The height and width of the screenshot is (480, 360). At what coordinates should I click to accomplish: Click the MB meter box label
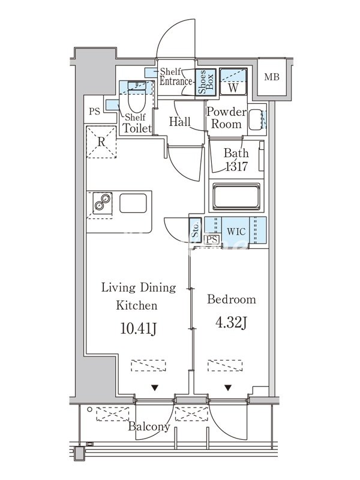coord(272,77)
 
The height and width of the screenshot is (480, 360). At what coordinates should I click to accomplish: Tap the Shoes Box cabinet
coord(206,82)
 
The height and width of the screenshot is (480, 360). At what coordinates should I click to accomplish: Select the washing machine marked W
coord(233,82)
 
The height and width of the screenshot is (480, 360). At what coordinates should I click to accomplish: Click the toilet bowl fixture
coord(137,98)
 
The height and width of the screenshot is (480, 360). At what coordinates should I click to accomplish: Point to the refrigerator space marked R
coord(101,142)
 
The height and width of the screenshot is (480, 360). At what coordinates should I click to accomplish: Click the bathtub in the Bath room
coord(236,197)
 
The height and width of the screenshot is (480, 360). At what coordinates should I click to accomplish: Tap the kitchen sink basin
coord(133,203)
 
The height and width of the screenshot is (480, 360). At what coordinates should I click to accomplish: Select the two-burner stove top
coord(102,203)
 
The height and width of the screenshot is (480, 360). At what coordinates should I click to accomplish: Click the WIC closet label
coord(236,231)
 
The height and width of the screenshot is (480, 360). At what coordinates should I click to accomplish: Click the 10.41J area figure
coord(139,329)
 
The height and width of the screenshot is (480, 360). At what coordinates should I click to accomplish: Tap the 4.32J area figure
coord(231,323)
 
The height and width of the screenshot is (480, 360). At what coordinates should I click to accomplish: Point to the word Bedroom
coord(232,299)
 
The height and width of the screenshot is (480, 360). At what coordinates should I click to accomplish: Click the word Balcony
coord(149,427)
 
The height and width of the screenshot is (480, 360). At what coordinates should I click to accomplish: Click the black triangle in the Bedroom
coord(228,388)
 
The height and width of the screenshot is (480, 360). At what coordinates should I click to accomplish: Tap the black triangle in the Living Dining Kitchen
coord(155,388)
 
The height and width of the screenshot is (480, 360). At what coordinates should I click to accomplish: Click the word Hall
coord(179,122)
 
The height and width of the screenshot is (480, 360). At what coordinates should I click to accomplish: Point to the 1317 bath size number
coord(236,167)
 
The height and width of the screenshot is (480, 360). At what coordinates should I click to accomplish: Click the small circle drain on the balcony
coord(89,409)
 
